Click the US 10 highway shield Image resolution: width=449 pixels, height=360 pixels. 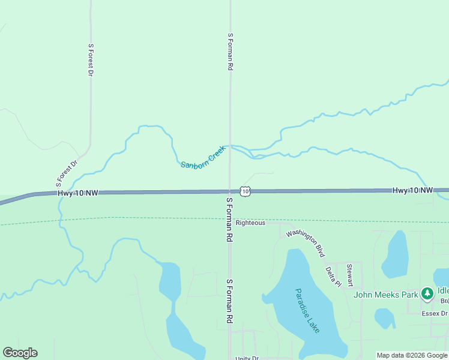[246, 191]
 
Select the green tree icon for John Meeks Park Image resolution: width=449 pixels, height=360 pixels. [427, 294]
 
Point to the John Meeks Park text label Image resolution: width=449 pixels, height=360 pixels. [385, 295]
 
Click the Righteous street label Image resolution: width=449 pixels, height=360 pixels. [250, 223]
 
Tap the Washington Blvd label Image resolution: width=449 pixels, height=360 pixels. [309, 244]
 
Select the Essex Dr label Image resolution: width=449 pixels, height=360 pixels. [435, 313]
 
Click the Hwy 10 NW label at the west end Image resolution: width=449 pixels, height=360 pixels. [77, 193]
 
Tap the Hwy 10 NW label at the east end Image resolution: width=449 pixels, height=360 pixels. [412, 190]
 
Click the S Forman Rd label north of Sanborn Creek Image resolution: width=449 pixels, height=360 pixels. [230, 52]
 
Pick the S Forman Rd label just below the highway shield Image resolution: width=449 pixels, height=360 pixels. [229, 220]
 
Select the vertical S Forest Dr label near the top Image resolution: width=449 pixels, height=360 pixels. [91, 60]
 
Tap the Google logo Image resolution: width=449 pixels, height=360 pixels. [20, 353]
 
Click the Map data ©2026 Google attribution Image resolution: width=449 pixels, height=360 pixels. [412, 355]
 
